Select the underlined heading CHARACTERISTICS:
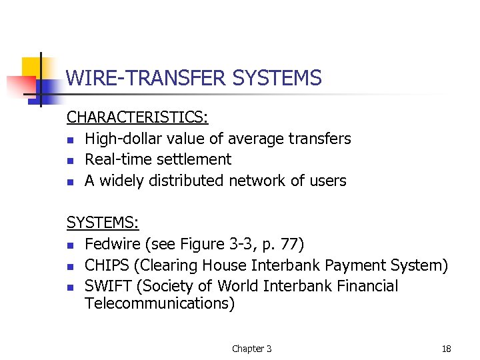point(137,118)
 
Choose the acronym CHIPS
point(107,265)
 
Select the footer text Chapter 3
point(251,349)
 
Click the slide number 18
point(446,349)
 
